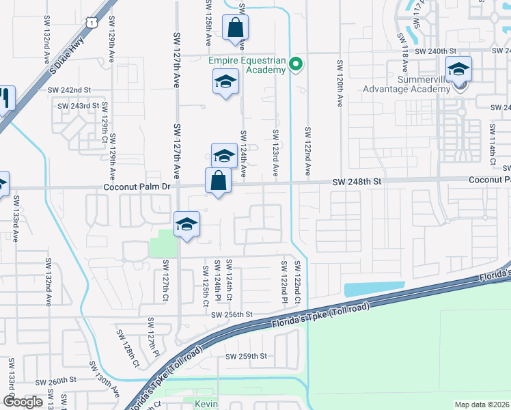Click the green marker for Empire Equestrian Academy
[x=296, y=66]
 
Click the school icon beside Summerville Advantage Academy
[x=458, y=69]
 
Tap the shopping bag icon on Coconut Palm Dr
[x=218, y=182]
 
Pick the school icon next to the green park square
[x=187, y=224]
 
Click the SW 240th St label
[x=434, y=51]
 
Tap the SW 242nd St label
[x=69, y=90]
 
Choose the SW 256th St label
[x=232, y=314]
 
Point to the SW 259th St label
[x=247, y=356]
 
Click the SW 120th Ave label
[x=340, y=83]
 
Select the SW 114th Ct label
[x=491, y=143]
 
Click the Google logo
[x=23, y=402]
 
